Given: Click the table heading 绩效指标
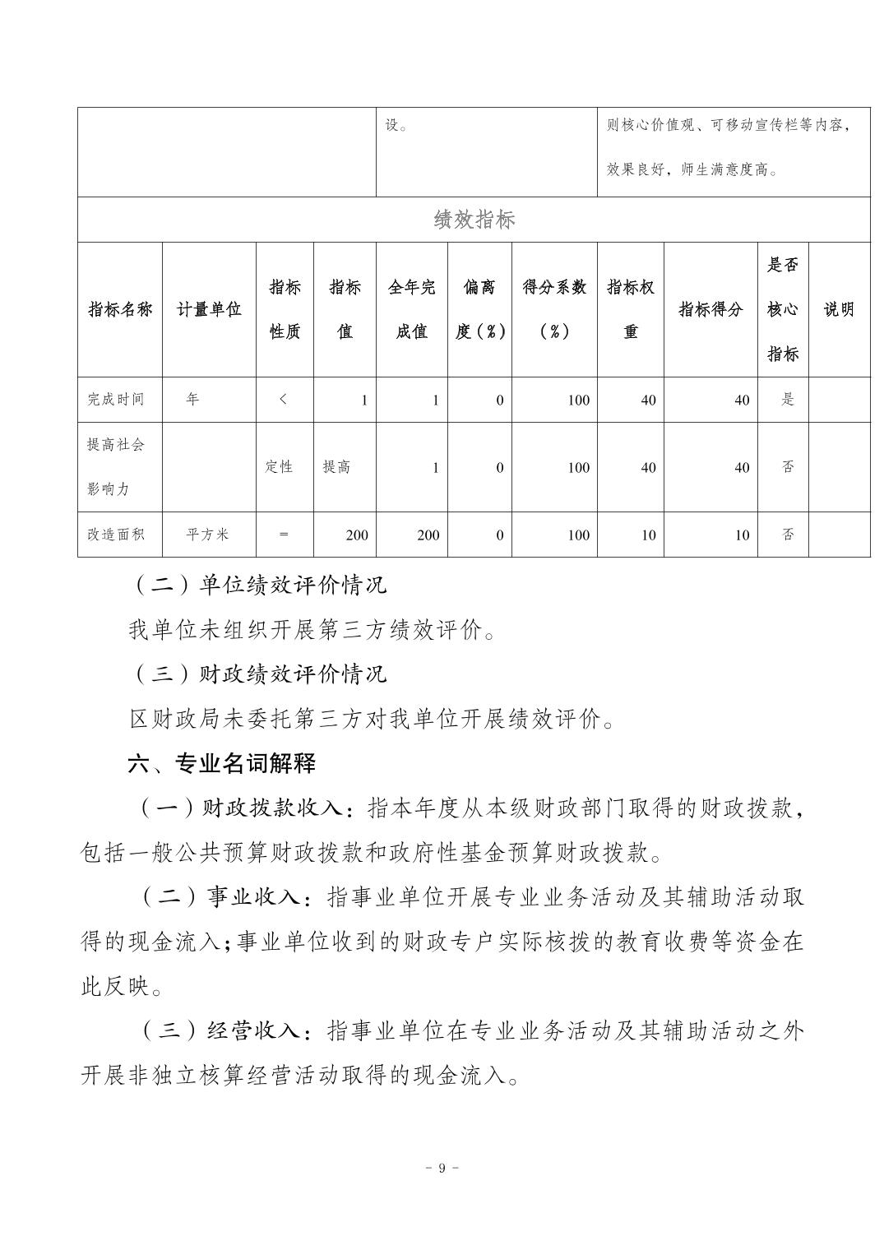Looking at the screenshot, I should pyautogui.click(x=474, y=220).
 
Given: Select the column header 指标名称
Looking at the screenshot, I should pyautogui.click(x=120, y=309).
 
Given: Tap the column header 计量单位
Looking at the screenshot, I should pyautogui.click(x=209, y=309).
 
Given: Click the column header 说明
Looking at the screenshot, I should pyautogui.click(x=839, y=309).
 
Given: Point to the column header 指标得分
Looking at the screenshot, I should pyautogui.click(x=710, y=309).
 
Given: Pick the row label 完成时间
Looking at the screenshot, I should pyautogui.click(x=116, y=400).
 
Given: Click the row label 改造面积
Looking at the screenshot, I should pyautogui.click(x=116, y=535).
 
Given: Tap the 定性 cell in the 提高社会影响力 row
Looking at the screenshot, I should pyautogui.click(x=279, y=467).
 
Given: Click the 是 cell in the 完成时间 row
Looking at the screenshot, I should pyautogui.click(x=788, y=400).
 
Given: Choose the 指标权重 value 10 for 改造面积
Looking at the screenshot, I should pyautogui.click(x=649, y=535).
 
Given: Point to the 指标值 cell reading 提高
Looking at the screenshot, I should pyautogui.click(x=336, y=467).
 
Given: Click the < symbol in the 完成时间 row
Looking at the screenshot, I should pyautogui.click(x=284, y=400).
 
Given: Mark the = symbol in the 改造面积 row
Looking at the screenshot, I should pyautogui.click(x=284, y=535).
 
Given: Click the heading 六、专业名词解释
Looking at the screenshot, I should pyautogui.click(x=221, y=763).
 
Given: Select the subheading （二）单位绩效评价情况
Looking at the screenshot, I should pyautogui.click(x=257, y=585).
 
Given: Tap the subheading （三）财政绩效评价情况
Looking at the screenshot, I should pyautogui.click(x=257, y=674).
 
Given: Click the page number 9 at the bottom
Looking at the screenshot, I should pyautogui.click(x=442, y=1168).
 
